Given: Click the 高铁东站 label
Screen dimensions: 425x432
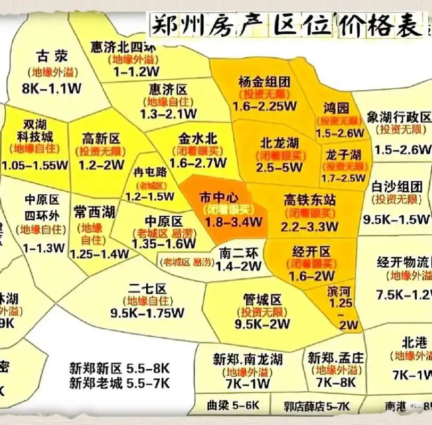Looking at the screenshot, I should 310,200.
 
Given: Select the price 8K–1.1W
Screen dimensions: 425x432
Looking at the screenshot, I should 52,89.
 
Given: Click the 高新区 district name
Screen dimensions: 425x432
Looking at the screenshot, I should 101,139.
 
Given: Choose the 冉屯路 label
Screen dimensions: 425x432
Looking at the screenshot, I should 149,172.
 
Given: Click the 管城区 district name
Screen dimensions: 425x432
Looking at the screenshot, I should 262,299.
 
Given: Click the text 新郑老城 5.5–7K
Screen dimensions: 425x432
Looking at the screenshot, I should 120,382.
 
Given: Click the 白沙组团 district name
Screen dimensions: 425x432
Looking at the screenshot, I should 397,186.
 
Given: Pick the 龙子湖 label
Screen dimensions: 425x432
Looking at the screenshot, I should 343,155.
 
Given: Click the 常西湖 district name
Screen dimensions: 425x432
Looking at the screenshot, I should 95,213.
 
